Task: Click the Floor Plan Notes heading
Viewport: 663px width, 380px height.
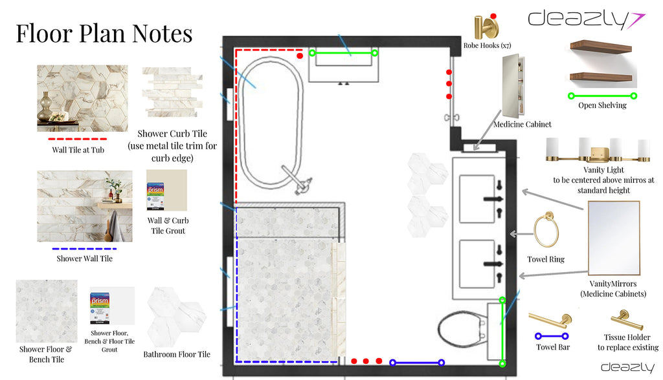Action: point(104,34)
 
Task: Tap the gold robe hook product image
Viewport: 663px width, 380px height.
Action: point(486,27)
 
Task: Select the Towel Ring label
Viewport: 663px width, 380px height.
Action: point(545,259)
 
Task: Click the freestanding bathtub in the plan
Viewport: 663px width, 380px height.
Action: point(271,122)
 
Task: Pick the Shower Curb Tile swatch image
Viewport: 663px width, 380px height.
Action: point(172,92)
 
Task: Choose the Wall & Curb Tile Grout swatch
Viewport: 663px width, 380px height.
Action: point(166,191)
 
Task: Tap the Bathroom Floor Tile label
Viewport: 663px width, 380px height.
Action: point(177,354)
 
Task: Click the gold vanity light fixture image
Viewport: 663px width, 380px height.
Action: point(598,150)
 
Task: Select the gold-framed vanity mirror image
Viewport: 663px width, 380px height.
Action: point(614,238)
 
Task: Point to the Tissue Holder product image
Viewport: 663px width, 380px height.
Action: point(627,320)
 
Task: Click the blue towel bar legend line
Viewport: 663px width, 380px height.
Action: point(552,336)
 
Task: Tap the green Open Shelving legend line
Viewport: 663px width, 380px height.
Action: point(602,96)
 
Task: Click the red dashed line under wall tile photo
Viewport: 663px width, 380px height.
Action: point(78,139)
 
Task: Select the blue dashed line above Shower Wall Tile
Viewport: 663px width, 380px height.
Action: point(84,249)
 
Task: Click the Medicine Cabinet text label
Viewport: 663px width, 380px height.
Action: point(523,124)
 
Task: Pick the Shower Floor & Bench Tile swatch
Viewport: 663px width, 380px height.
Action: point(47,311)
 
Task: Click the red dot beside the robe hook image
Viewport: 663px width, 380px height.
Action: point(493,16)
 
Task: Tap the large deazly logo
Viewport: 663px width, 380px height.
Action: point(586,19)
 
